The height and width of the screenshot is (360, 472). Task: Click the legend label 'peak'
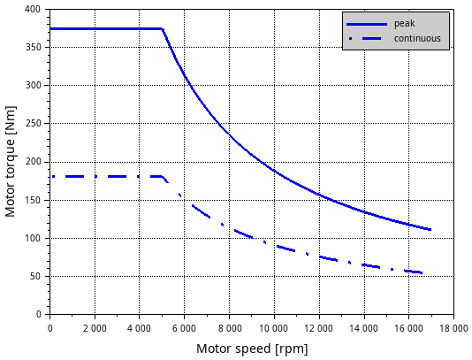point(404,24)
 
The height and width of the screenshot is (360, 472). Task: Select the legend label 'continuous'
point(417,39)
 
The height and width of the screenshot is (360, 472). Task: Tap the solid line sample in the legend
point(367,24)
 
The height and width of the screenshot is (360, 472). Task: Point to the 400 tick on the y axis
point(33,10)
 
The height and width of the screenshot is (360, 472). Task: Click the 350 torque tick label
point(33,47)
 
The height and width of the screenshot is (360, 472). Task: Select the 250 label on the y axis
point(33,124)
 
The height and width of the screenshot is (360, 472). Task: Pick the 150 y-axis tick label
point(33,200)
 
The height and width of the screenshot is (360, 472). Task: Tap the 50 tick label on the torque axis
point(35,276)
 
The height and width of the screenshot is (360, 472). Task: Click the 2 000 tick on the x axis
point(95,328)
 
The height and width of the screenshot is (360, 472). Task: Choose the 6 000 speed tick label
point(184,328)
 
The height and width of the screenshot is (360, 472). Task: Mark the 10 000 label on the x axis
point(274,328)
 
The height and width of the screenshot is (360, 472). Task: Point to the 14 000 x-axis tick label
point(363,328)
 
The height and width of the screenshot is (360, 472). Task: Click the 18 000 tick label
point(453,328)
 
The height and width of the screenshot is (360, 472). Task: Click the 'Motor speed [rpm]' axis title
point(252,349)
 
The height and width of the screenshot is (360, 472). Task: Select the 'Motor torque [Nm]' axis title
point(10,162)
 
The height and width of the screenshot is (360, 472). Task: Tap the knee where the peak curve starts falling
point(163,29)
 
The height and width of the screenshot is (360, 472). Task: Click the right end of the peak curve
point(430,230)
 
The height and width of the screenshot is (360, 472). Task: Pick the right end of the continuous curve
point(422,273)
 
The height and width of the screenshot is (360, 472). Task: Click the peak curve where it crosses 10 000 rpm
point(274,171)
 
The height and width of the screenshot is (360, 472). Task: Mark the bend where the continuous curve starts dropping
point(162,177)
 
